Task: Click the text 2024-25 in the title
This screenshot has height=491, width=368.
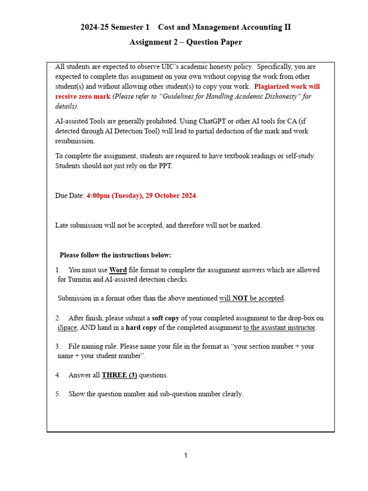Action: (94, 27)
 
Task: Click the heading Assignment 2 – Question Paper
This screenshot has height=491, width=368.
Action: (185, 42)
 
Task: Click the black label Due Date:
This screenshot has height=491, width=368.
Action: (70, 196)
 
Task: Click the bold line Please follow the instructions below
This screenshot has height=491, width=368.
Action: (115, 255)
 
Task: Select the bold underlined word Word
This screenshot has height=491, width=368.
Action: (118, 270)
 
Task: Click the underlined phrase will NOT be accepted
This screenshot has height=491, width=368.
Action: (252, 298)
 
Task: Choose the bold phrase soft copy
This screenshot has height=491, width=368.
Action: (167, 318)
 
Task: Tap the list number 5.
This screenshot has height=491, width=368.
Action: (57, 394)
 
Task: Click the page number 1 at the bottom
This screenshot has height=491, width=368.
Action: (186, 456)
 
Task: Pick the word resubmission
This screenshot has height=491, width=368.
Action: (75, 141)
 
